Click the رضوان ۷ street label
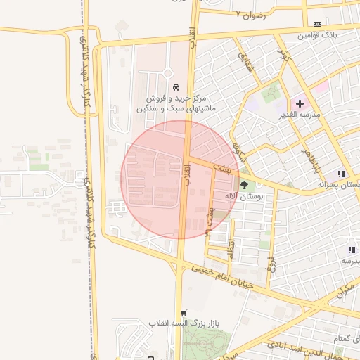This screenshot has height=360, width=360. click(251, 14)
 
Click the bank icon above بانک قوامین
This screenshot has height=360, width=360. click(317, 24)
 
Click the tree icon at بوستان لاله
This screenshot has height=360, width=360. click(244, 186)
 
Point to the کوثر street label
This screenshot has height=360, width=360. click(283, 56)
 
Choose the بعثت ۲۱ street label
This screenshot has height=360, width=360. click(209, 219)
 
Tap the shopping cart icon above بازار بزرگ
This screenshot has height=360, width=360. click(184, 313)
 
